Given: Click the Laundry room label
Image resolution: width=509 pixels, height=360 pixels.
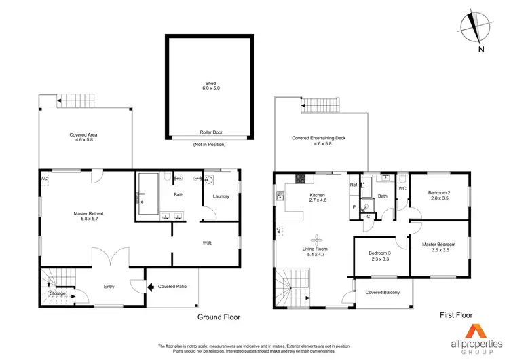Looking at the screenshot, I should click(x=221, y=196).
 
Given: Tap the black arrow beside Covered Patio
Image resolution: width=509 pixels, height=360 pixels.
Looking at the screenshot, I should click(x=149, y=287).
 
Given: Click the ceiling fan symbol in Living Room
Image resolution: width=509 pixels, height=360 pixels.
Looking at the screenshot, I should click(x=316, y=238).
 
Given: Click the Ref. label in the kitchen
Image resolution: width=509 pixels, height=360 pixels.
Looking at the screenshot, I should click(x=354, y=185).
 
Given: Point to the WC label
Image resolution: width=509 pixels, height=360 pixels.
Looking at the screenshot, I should click(x=402, y=188).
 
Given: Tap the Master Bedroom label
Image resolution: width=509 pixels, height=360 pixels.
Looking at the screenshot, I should click(x=438, y=245).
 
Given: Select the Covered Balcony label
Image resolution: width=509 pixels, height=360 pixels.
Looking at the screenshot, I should click(x=382, y=293).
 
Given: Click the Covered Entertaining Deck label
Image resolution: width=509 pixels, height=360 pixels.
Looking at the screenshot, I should click(x=319, y=138).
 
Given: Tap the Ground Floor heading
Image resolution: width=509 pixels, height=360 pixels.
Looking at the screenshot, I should click(x=218, y=317).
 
